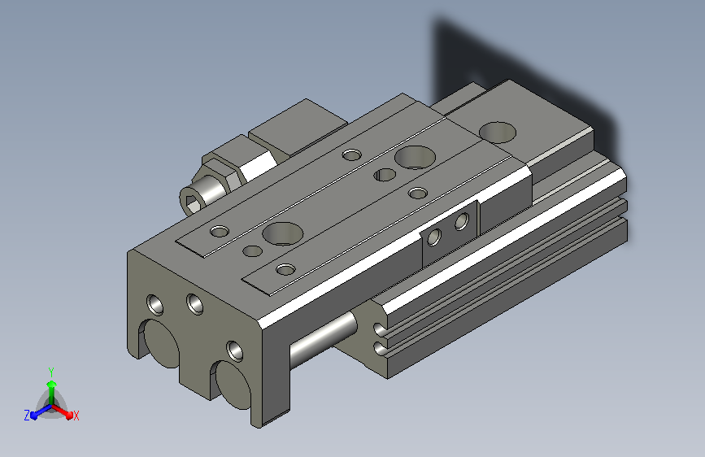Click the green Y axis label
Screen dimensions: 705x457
pos(51,372)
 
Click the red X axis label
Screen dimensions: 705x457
pos(76,416)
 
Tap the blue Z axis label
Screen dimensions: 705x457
pos(27,416)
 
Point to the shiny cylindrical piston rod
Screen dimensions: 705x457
pos(324,337)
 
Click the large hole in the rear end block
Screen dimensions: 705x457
pos(498,133)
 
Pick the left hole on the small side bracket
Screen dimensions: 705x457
pos(434,237)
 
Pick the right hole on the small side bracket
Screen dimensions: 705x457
pos(462,221)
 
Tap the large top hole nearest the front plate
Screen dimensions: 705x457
pos(282,233)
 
